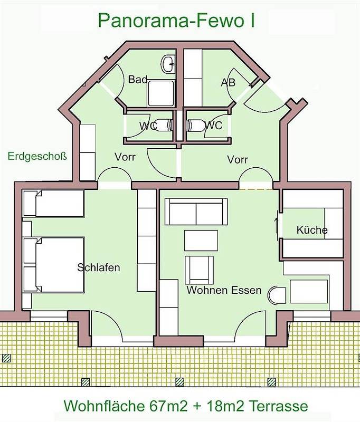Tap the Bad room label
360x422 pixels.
(137, 80)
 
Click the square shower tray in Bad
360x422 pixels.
(161, 93)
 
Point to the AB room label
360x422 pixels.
(228, 83)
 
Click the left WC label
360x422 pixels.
(148, 126)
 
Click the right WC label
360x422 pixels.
(213, 126)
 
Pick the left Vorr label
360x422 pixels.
(125, 157)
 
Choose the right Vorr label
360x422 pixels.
(238, 159)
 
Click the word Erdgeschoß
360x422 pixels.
(37, 157)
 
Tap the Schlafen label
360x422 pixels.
(99, 267)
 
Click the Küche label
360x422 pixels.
(312, 230)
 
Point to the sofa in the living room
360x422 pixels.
(196, 212)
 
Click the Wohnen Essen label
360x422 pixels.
(224, 290)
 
